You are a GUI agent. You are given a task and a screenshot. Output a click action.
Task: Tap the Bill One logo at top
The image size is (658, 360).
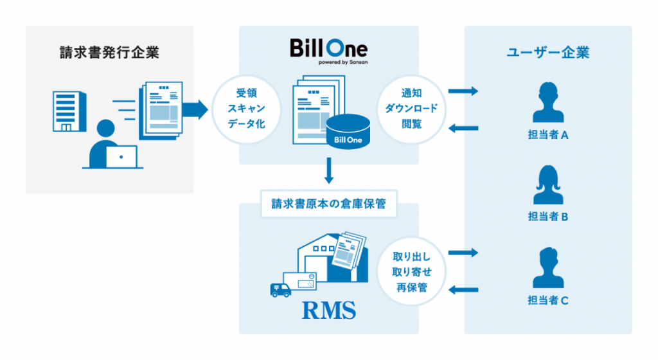coord(328,50)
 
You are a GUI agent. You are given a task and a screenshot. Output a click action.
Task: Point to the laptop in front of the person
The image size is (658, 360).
coord(121,156)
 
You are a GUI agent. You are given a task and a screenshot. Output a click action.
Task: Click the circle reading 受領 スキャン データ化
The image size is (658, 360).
coord(247,108)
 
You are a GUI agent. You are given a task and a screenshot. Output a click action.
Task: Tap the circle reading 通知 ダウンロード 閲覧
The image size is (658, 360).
coord(411,108)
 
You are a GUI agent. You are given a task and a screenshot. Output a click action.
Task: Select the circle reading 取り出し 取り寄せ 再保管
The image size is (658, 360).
coord(411,271)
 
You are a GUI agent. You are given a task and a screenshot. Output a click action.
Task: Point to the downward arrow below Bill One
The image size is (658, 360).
coord(329,172)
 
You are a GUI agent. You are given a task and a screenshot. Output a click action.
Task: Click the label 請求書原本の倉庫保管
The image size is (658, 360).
coord(328,204)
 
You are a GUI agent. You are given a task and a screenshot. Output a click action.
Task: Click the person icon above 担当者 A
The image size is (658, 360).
coord(547,104)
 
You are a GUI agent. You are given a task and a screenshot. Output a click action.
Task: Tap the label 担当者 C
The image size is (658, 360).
coord(547,300)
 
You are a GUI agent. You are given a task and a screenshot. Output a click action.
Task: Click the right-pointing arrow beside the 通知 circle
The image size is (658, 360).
coord(463,91)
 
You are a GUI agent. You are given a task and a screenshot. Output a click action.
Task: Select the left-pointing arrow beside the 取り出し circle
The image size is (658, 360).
coord(463,290)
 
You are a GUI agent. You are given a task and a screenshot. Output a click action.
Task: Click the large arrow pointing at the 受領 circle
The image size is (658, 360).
coord(197,109)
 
